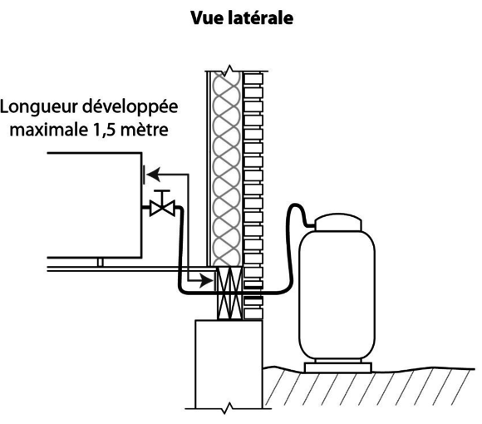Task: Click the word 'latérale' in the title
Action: tap(261, 17)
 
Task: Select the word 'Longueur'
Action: tap(39, 107)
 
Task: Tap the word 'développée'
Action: tap(130, 107)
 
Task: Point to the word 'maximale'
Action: tap(49, 130)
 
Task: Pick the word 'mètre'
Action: tap(144, 131)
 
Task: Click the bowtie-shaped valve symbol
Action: tap(162, 208)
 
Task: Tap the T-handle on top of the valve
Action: tap(162, 195)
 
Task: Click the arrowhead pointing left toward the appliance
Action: tap(153, 175)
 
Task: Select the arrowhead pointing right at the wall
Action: tap(206, 280)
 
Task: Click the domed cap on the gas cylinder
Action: tap(338, 222)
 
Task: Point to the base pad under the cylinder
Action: tap(338, 367)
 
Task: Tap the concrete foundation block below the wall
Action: tap(229, 364)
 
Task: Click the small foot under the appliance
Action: tap(100, 262)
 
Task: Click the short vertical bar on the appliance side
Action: tap(144, 175)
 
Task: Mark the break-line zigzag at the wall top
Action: tap(229, 71)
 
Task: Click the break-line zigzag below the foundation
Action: tap(228, 408)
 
